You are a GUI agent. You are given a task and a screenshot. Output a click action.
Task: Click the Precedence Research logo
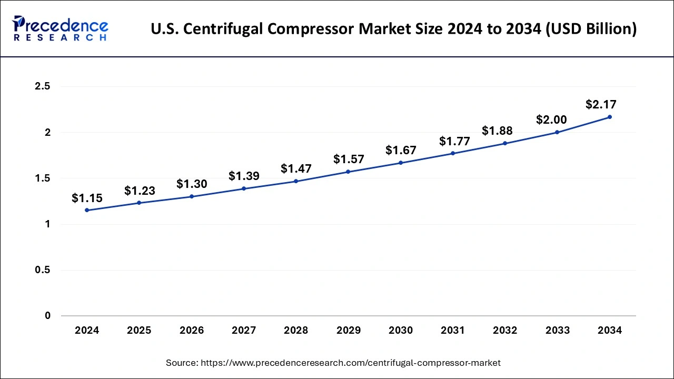(x=60, y=28)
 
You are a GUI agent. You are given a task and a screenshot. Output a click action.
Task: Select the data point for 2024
(x=87, y=210)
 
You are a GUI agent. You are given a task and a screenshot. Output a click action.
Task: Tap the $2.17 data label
(x=601, y=104)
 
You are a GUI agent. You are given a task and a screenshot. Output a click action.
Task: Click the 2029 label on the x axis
(x=348, y=331)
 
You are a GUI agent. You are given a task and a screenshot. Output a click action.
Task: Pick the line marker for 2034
(x=610, y=117)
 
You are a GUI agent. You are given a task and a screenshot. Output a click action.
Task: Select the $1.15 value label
(x=87, y=198)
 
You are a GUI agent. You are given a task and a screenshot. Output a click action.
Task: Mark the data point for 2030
(x=401, y=163)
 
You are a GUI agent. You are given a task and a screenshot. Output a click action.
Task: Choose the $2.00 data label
(x=551, y=119)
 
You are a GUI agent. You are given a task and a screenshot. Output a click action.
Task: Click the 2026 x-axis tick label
(x=191, y=331)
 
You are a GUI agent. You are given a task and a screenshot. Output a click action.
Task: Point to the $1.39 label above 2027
(x=244, y=176)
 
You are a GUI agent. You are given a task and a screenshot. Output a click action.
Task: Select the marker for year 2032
(x=505, y=143)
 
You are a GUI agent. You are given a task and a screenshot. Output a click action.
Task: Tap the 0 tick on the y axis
(x=47, y=316)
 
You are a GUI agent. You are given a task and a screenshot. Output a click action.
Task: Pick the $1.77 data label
(x=453, y=141)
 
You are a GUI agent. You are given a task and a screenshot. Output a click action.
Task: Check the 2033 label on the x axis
(x=557, y=331)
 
